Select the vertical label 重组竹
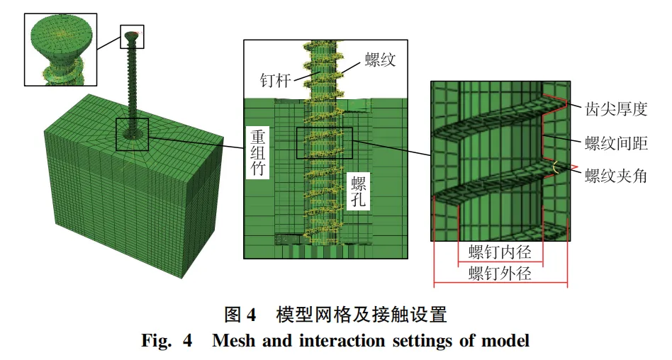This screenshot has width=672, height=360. [257, 152]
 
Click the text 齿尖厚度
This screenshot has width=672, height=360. [617, 108]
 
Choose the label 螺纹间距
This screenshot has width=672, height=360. [617, 143]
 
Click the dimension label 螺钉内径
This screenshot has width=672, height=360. [500, 252]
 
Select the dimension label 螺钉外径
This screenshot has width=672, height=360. [500, 274]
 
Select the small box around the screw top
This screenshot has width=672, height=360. [133, 37]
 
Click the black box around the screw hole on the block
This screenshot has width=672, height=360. [132, 134]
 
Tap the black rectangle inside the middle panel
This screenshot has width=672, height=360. [324, 142]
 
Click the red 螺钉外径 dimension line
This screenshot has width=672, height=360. [500, 284]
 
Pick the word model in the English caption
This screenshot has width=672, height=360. [508, 341]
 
